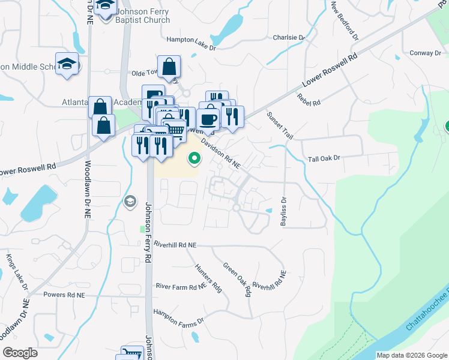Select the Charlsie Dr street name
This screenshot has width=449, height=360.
(289, 37)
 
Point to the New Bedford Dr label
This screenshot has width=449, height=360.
(344, 20)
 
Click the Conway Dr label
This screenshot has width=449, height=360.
(426, 53)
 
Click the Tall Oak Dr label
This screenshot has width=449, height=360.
(324, 158)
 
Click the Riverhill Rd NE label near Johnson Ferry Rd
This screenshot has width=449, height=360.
(175, 245)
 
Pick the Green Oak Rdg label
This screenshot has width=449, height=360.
(237, 280)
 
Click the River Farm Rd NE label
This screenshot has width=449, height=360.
(181, 287)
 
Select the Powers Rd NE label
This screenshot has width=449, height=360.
(64, 295)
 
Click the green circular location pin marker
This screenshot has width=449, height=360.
(194, 159)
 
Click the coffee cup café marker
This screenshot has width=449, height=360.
(209, 118)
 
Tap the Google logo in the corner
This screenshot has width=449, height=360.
(20, 353)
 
